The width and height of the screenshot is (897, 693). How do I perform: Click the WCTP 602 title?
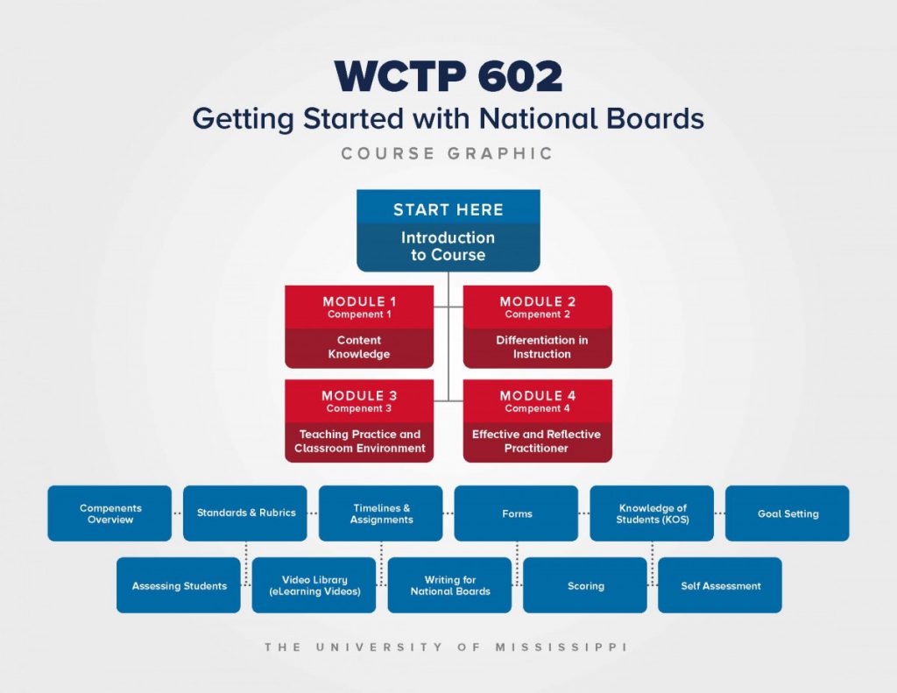(x=448, y=76)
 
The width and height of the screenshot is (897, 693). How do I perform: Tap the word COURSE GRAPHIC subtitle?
(x=448, y=153)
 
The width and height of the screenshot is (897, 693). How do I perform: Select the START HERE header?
(x=448, y=209)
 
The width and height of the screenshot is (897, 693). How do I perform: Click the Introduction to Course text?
(x=448, y=246)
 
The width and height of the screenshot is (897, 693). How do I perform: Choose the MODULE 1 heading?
(x=359, y=301)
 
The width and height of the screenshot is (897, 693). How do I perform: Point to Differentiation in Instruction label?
(x=541, y=347)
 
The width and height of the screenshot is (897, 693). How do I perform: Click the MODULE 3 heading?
(x=359, y=395)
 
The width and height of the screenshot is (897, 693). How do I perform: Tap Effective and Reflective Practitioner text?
(x=536, y=442)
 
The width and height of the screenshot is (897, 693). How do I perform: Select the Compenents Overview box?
(x=109, y=513)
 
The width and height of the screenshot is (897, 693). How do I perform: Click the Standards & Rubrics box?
(x=245, y=513)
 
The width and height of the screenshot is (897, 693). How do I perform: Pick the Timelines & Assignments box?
(x=380, y=513)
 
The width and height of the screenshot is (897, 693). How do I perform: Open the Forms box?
(x=516, y=513)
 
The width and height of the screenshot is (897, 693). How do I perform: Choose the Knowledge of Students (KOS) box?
(x=652, y=513)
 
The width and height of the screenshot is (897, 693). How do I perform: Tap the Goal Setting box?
(x=788, y=513)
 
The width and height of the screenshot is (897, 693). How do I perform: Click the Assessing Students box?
(x=179, y=585)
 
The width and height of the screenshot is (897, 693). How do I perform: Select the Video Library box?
(x=314, y=585)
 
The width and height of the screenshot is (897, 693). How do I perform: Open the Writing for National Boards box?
(x=449, y=585)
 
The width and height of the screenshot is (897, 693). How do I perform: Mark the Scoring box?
(x=584, y=585)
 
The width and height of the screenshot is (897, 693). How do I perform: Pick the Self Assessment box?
(x=720, y=585)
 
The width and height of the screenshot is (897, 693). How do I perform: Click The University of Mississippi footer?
(x=446, y=647)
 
